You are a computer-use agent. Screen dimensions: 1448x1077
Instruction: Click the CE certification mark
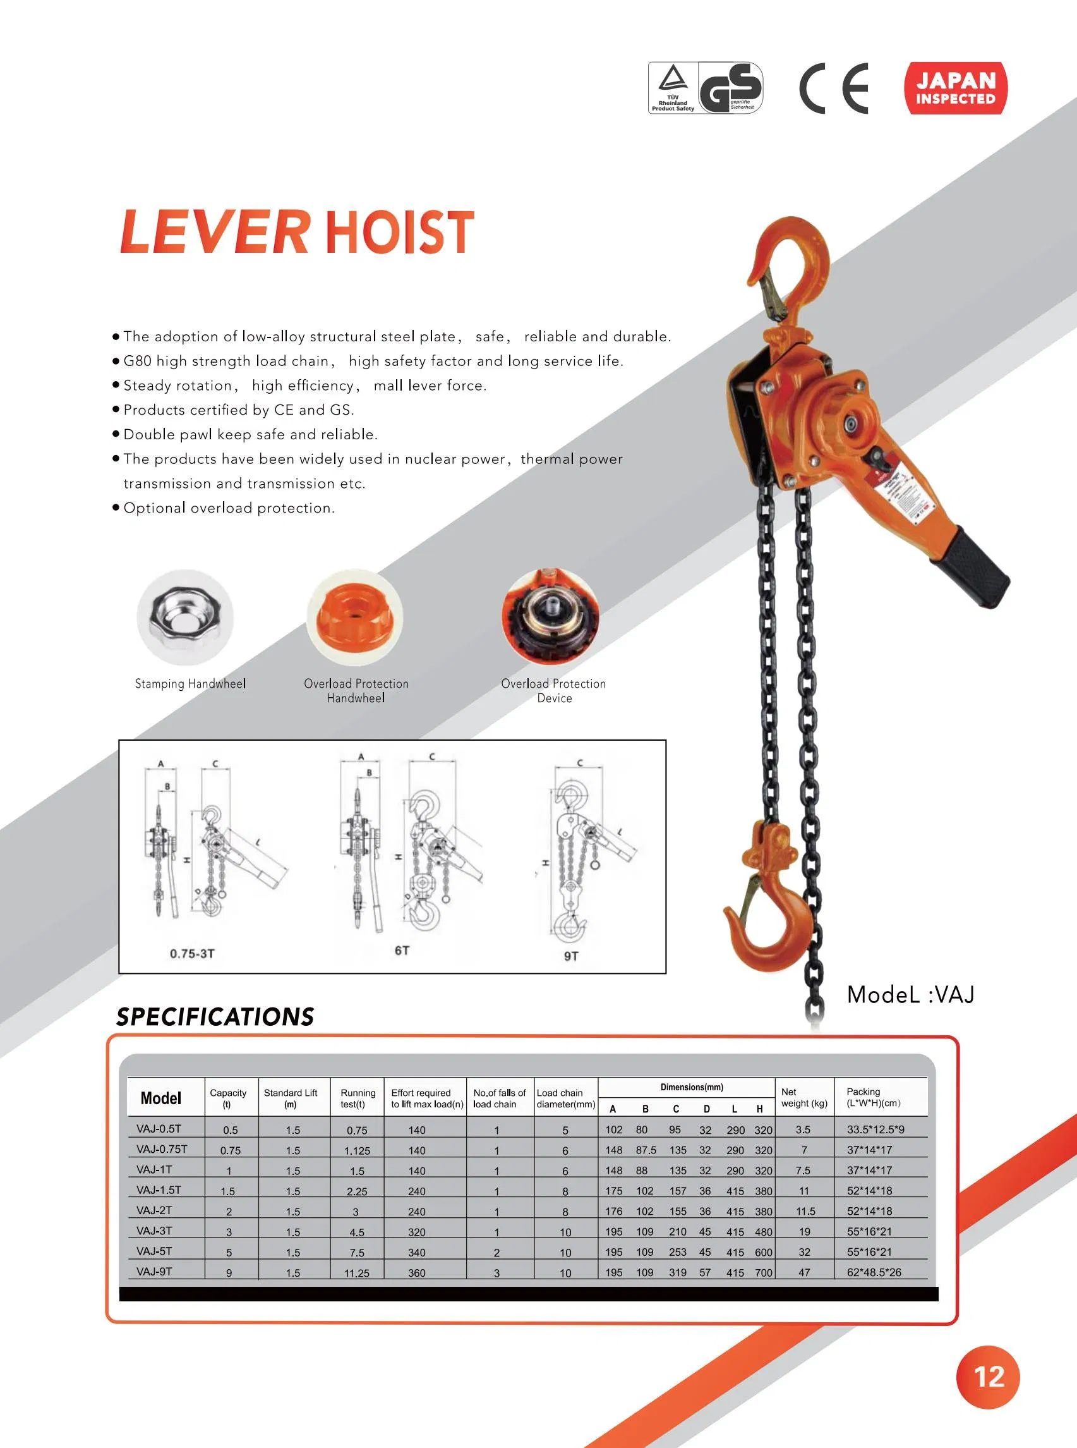pos(834,88)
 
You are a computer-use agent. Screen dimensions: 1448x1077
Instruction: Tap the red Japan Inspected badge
pos(955,88)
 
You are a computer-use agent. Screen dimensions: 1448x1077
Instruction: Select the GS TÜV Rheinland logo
pos(706,88)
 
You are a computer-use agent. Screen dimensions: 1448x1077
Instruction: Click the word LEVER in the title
pos(215,231)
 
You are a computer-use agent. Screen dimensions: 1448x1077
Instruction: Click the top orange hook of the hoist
pos(792,261)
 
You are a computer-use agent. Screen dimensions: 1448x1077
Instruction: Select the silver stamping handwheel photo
pos(185,617)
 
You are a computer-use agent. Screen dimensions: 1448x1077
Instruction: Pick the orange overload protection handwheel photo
pos(354,617)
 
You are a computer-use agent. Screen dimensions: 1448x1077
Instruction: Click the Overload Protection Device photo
pos(550,617)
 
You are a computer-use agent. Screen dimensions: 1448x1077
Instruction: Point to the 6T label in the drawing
pos(402,951)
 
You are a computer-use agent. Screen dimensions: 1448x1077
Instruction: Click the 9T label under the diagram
pos(571,956)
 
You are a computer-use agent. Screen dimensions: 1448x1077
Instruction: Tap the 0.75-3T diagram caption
pos(192,954)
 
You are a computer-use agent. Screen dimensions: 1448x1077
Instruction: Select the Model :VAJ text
pos(910,995)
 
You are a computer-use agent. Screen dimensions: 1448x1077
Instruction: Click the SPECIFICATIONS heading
pos(215,1017)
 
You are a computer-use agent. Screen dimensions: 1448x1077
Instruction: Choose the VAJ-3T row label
pos(155,1230)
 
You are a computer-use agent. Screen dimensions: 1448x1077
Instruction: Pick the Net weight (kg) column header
pos(804,1097)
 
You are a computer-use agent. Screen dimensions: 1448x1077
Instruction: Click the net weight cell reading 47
pos(805,1272)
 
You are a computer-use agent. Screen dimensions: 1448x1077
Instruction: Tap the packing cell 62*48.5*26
pos(874,1272)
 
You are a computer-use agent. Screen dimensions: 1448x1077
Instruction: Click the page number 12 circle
pos(988,1376)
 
